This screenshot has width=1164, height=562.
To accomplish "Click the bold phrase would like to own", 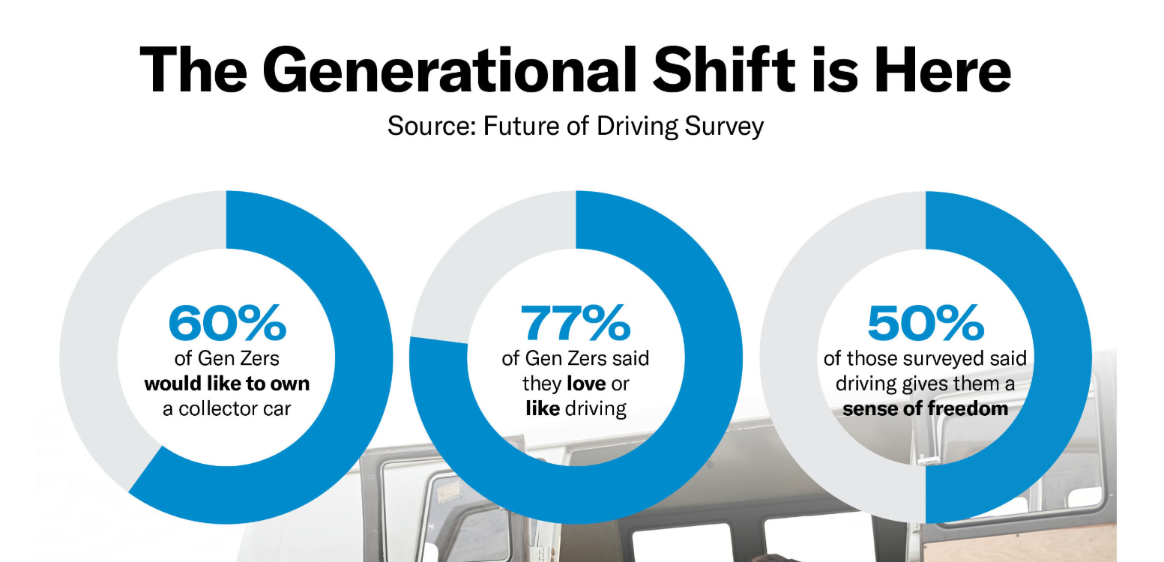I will pyautogui.click(x=226, y=384).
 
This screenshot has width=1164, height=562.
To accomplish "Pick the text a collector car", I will pyautogui.click(x=226, y=409).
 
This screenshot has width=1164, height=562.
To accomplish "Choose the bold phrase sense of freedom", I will pyautogui.click(x=925, y=409).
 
